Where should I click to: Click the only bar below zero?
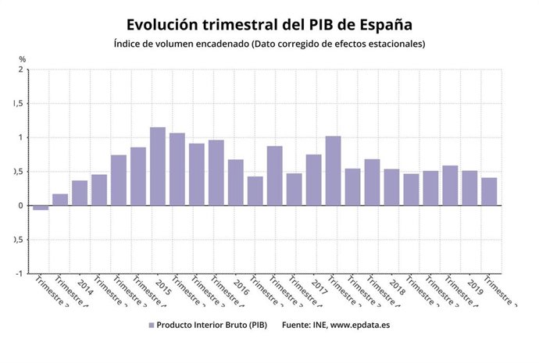pos(41,208)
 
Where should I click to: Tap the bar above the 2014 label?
pos(80,193)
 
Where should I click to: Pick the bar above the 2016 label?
pos(236,183)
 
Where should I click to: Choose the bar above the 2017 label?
pos(313,180)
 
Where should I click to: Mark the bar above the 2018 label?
pos(391,187)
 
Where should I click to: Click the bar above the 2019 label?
pos(469,188)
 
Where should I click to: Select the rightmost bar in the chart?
pos(489,191)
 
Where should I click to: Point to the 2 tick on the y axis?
pos(21,69)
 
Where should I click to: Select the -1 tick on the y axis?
pos(20,274)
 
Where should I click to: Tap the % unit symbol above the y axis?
pos(23,59)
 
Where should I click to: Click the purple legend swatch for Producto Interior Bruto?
pos(150,324)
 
